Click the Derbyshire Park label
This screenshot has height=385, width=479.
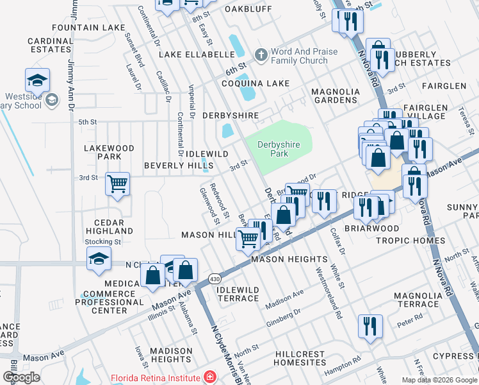[279, 149]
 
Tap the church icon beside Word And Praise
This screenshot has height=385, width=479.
[261, 56]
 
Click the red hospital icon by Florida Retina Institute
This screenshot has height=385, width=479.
[209, 377]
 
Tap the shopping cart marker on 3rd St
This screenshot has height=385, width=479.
[118, 184]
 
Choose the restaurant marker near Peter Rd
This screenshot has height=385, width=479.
[370, 325]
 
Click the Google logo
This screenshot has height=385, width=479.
[21, 377]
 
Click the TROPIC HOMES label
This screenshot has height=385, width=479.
[410, 241]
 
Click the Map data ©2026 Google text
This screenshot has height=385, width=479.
[439, 380]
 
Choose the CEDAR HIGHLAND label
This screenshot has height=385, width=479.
[109, 227]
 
